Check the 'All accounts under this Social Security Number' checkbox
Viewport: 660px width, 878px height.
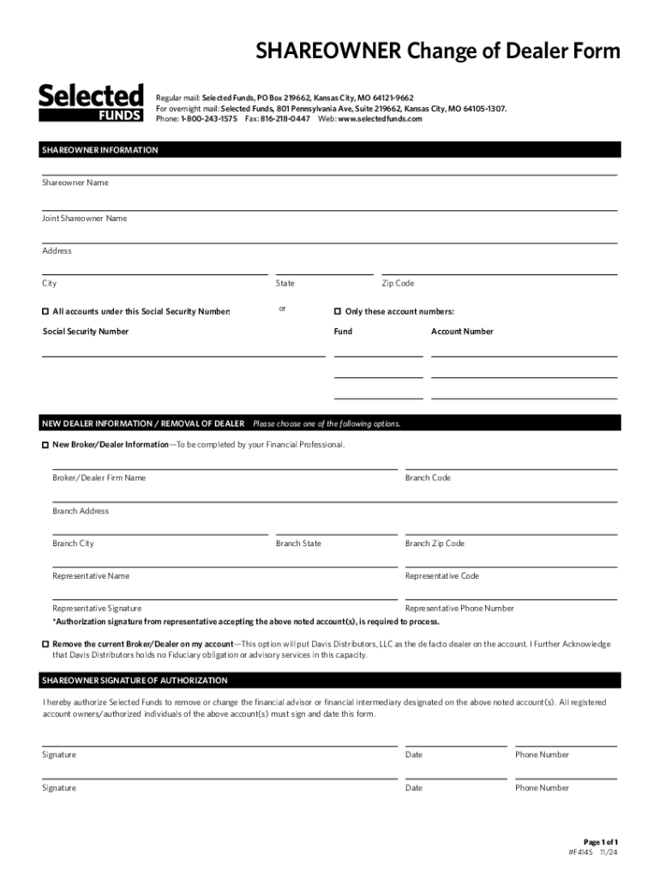coord(46,311)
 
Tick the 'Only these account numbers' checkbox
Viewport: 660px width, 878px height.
coord(338,311)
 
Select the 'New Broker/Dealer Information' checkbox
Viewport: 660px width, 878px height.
coord(46,445)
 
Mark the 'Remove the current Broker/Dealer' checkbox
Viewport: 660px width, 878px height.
coord(46,644)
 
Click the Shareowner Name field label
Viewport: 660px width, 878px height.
coord(75,183)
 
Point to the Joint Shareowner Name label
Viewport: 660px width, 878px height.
coord(85,219)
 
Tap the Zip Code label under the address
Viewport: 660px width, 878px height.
coord(398,284)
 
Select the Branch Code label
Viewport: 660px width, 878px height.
coord(428,478)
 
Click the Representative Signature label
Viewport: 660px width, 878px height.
coord(97,608)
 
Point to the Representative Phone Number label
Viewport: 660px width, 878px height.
coord(459,608)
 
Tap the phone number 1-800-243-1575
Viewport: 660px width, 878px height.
coord(209,119)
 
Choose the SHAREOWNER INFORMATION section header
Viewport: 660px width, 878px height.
coord(100,150)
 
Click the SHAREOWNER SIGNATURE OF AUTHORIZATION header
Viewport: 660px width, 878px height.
coord(135,681)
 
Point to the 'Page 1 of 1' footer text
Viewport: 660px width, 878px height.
coord(601,842)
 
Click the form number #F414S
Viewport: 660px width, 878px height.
coord(583,854)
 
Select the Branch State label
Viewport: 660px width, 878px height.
coord(298,544)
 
